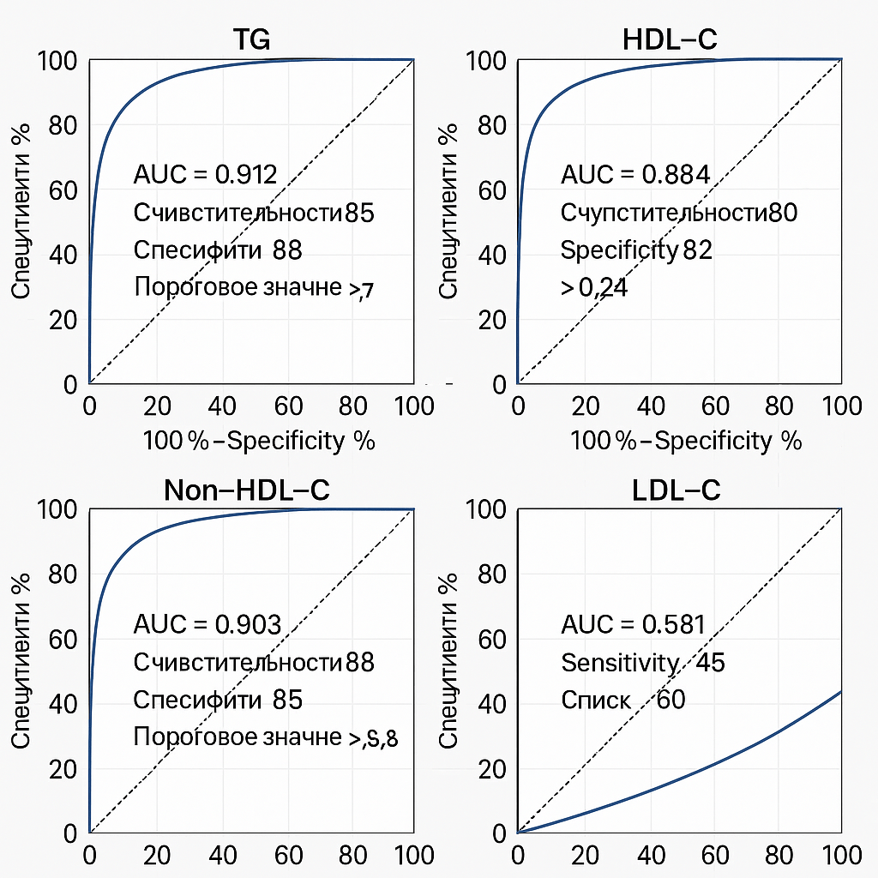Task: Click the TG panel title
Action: tap(252, 40)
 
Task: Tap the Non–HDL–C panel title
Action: tap(247, 490)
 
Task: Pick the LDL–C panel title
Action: tap(677, 490)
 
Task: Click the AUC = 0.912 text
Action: tap(206, 175)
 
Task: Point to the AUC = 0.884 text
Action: tap(635, 175)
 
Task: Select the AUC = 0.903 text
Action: tap(207, 624)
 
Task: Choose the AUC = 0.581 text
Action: tap(633, 624)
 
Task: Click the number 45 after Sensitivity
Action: tap(711, 663)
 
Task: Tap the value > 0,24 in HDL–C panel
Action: tap(594, 288)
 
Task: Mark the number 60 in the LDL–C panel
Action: tap(671, 701)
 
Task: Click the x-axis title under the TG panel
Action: tap(259, 442)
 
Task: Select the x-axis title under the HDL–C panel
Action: tap(686, 442)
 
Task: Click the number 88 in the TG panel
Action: tap(287, 250)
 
